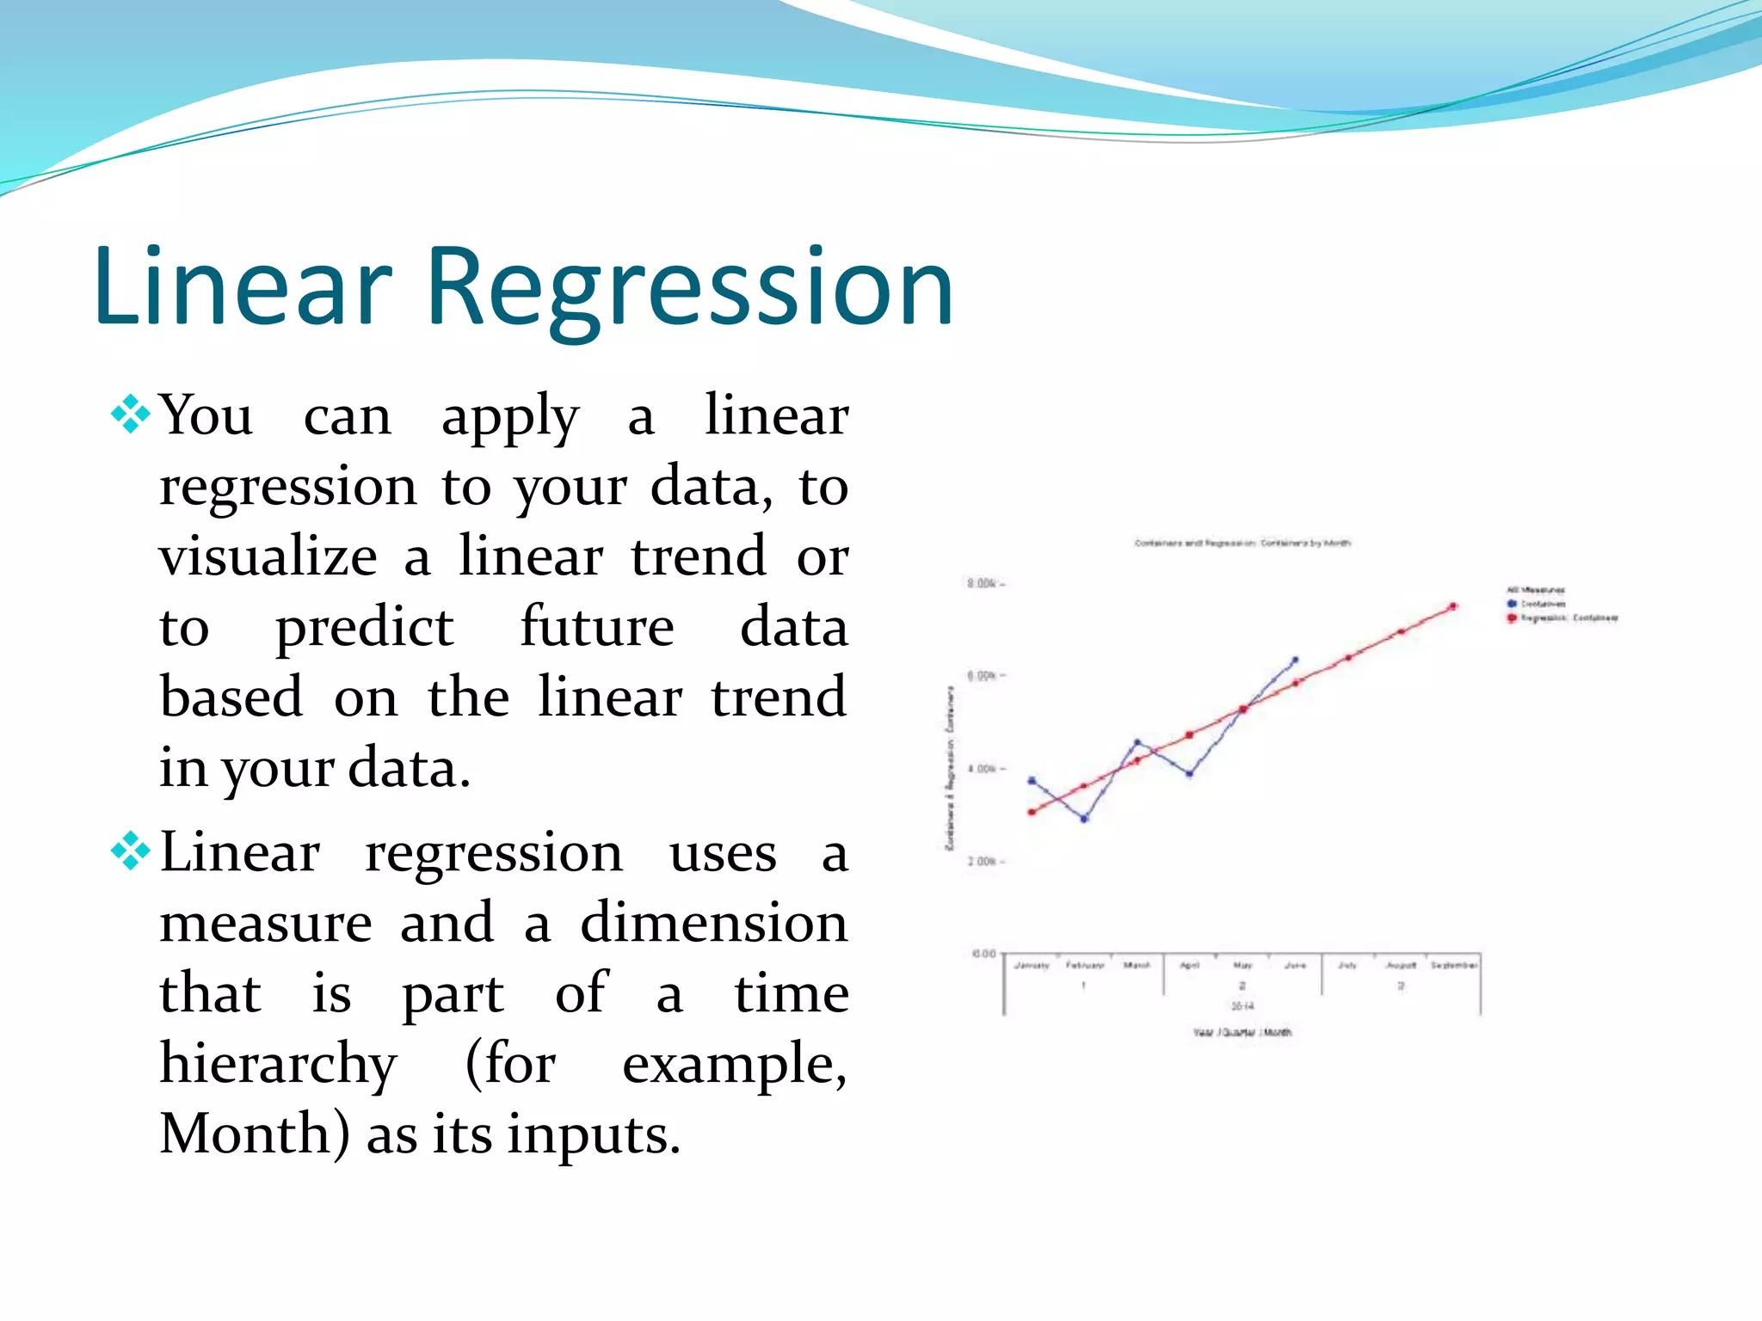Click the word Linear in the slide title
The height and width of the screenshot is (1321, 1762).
pyautogui.click(x=243, y=288)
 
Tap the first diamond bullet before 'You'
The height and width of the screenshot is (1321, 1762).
pyautogui.click(x=131, y=414)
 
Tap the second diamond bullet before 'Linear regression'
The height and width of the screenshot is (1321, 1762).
pyautogui.click(x=131, y=851)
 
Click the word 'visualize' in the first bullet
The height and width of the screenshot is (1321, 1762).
pyautogui.click(x=268, y=556)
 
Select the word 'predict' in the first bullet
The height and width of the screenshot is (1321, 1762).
pyautogui.click(x=363, y=627)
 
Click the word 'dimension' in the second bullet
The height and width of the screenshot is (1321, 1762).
pyautogui.click(x=713, y=924)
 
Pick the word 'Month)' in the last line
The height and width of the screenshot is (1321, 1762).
pyautogui.click(x=256, y=1134)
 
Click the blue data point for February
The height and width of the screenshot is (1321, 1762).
pyautogui.click(x=1084, y=819)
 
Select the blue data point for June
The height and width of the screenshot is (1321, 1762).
pyautogui.click(x=1295, y=660)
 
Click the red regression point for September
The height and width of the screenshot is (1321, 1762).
pyautogui.click(x=1453, y=606)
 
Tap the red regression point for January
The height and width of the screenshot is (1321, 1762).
pyautogui.click(x=1032, y=812)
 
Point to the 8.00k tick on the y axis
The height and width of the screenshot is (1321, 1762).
pyautogui.click(x=983, y=584)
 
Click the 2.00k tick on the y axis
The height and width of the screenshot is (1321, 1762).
pyautogui.click(x=983, y=861)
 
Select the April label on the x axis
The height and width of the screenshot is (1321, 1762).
pyautogui.click(x=1189, y=966)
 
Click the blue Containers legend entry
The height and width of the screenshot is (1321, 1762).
pyautogui.click(x=1537, y=604)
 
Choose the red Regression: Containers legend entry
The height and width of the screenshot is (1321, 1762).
pyautogui.click(x=1562, y=618)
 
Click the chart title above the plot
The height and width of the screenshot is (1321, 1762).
pyautogui.click(x=1241, y=543)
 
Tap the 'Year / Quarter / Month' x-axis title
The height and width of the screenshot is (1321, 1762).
pyautogui.click(x=1241, y=1032)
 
